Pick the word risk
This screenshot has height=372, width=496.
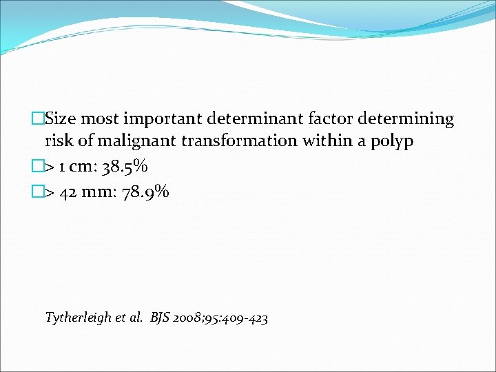59,142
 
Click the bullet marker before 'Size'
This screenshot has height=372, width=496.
38,119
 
